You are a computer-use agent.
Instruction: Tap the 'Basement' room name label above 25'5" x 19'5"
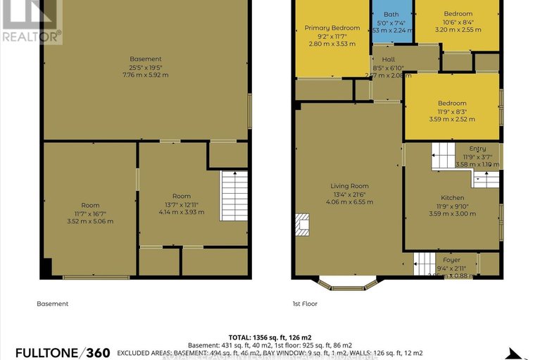146,58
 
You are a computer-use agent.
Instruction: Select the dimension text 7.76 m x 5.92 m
146,75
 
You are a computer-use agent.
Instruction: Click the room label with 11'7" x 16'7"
90,205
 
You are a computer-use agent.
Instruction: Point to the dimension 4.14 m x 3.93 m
181,212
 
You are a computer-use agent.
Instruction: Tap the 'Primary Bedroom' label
332,28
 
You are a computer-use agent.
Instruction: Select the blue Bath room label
391,14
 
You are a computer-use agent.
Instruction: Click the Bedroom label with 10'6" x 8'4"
458,14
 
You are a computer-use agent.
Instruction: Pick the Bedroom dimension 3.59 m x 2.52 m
451,120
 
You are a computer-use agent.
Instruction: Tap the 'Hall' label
388,60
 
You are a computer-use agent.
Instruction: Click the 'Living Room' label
350,186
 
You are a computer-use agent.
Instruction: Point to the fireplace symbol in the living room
301,224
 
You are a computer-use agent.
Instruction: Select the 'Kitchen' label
451,197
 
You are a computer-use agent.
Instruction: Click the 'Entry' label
478,149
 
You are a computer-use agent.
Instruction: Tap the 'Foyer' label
451,260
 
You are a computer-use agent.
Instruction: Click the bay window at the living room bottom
349,285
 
